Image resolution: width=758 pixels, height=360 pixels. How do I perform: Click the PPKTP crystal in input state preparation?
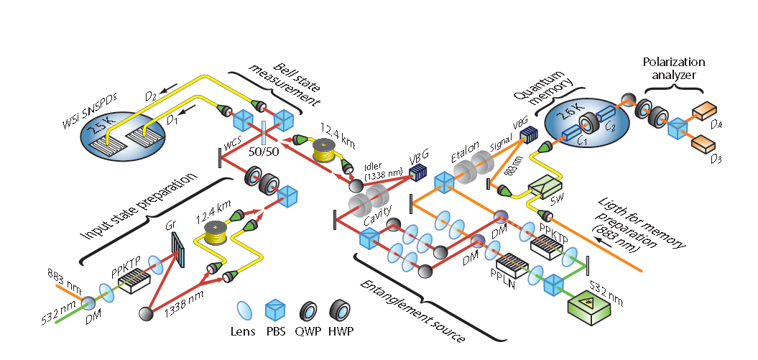pyautogui.click(x=134, y=277)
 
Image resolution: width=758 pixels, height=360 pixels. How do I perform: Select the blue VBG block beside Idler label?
pyautogui.click(x=416, y=171)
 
